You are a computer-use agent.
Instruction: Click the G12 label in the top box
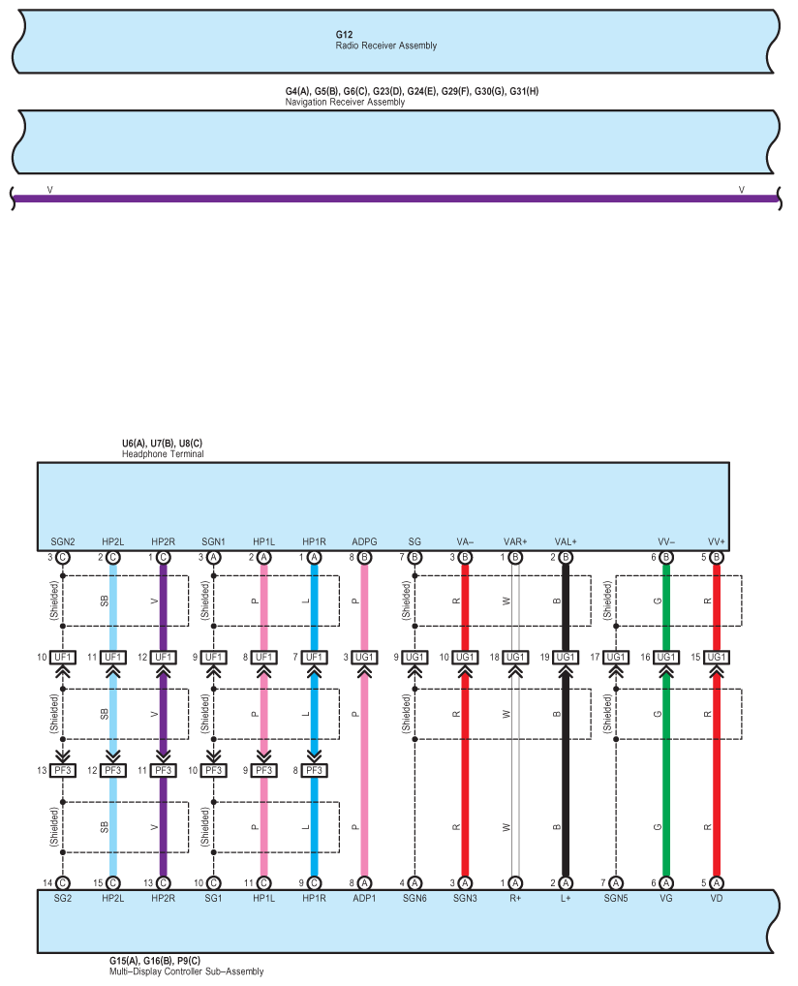[344, 35]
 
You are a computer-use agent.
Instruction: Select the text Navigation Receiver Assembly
[345, 102]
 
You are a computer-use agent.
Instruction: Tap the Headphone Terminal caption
[163, 454]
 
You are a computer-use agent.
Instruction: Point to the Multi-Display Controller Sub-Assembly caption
[186, 971]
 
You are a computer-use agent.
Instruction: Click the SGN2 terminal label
[63, 541]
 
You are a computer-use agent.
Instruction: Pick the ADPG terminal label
[364, 541]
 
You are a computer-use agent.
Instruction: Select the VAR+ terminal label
[515, 541]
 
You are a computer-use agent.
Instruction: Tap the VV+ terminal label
[717, 541]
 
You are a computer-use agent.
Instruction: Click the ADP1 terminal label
[364, 899]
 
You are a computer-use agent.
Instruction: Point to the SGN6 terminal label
[414, 899]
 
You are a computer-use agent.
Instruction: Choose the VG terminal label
[666, 899]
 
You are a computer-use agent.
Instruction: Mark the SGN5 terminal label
[616, 899]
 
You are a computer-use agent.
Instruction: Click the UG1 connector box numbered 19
[566, 657]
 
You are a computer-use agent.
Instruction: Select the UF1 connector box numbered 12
[163, 657]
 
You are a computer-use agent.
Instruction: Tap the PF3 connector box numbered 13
[63, 770]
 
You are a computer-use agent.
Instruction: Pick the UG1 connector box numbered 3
[364, 657]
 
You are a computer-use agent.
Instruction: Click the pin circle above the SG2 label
[63, 883]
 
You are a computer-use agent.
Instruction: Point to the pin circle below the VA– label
[465, 557]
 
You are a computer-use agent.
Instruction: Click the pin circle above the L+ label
[566, 883]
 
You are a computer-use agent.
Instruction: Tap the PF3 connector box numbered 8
[314, 770]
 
